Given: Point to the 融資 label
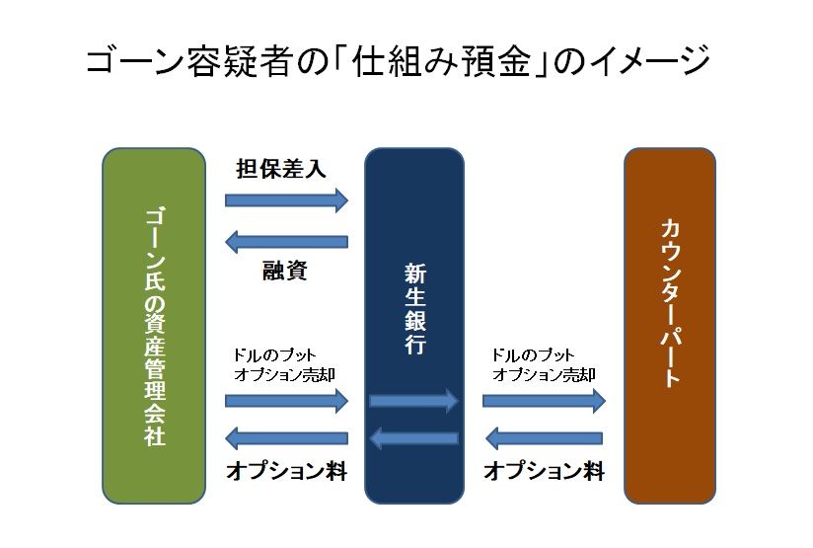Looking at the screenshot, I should (284, 271).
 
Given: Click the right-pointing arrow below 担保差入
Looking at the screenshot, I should (286, 200).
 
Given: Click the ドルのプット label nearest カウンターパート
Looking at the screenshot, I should (532, 354).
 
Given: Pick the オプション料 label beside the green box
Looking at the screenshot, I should (286, 471).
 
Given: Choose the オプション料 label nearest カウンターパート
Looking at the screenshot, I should (544, 471).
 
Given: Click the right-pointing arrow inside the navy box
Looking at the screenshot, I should (413, 400).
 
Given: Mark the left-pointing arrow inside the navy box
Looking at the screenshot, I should (413, 437).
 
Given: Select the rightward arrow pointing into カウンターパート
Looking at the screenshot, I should (544, 400).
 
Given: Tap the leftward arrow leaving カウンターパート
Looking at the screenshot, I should (544, 437).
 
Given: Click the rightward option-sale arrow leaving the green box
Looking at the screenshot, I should (286, 400).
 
